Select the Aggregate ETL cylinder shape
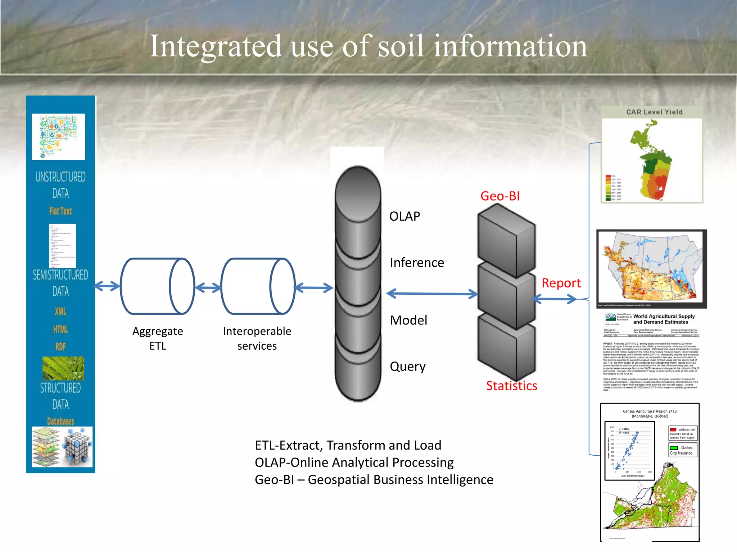[x=157, y=286]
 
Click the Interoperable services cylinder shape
[x=258, y=286]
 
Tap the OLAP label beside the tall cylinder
[x=404, y=216]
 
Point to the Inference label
[x=417, y=263]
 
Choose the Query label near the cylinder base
[x=407, y=367]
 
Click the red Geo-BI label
[x=500, y=196]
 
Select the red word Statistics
[x=511, y=386]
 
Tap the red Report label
[x=561, y=283]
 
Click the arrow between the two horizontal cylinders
[x=208, y=287]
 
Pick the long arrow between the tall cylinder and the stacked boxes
[x=432, y=294]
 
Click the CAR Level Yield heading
[x=654, y=112]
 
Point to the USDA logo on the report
[x=610, y=316]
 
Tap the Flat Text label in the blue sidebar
[x=60, y=211]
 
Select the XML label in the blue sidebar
[x=60, y=311]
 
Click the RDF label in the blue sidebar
[x=60, y=346]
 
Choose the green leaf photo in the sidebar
[x=63, y=368]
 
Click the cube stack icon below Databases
[x=77, y=446]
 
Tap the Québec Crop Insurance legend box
[x=683, y=450]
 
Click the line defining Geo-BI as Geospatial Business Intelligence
[x=374, y=480]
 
